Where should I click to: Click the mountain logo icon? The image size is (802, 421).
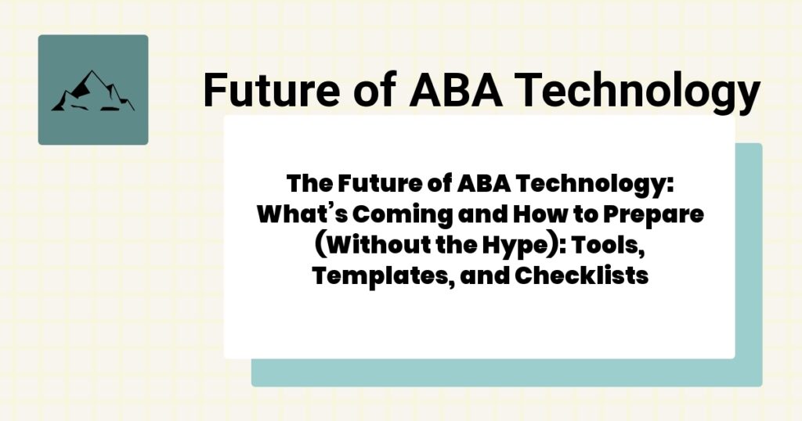pyautogui.click(x=92, y=90)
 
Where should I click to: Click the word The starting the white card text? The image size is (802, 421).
pyautogui.click(x=308, y=185)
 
